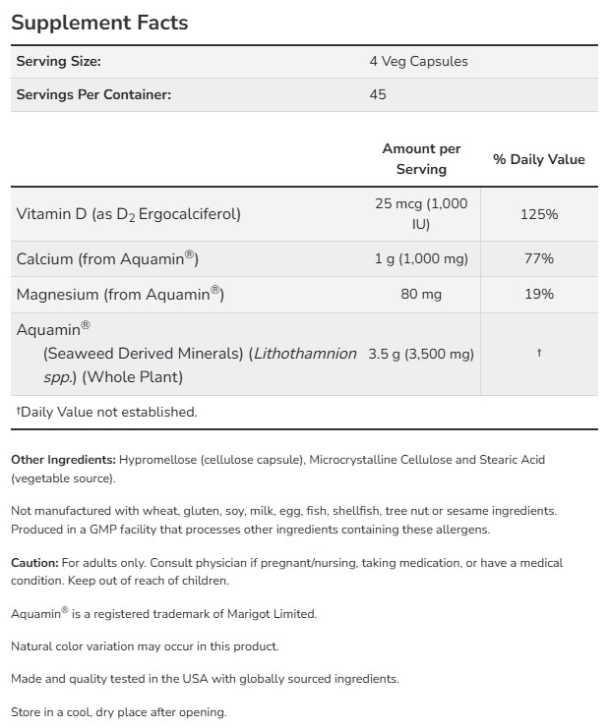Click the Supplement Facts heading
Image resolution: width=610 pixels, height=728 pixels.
(99, 22)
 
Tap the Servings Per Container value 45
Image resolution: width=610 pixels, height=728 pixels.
(378, 94)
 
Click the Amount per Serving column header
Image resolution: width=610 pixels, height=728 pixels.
(421, 159)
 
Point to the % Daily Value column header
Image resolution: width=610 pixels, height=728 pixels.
(538, 159)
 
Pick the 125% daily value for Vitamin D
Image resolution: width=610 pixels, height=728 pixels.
(538, 213)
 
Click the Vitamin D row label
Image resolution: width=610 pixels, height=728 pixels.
(129, 213)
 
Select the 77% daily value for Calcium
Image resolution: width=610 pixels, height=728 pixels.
(538, 258)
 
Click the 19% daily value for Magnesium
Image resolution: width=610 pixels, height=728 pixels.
(538, 294)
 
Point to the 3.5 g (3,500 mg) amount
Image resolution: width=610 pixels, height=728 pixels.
(421, 354)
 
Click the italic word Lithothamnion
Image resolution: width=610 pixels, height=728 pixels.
(305, 354)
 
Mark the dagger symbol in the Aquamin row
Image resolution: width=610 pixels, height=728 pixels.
(538, 354)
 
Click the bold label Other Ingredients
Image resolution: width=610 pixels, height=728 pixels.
(63, 460)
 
